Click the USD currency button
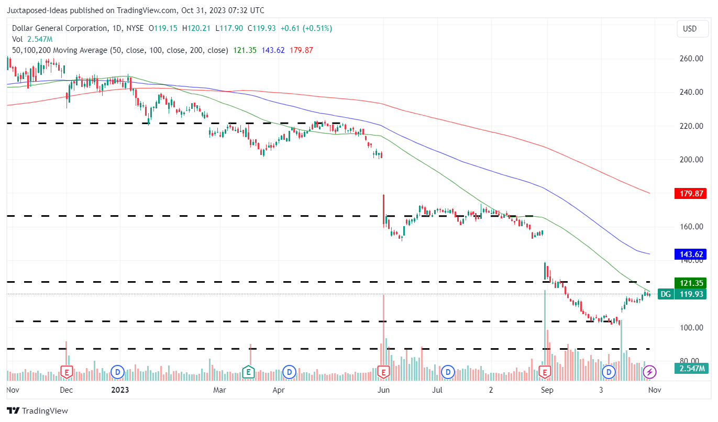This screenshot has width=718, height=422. click(690, 29)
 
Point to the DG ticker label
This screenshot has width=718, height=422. click(665, 294)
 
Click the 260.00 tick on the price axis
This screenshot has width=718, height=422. click(691, 59)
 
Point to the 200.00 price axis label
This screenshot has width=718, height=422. click(691, 160)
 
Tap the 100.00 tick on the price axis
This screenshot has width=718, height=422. click(691, 328)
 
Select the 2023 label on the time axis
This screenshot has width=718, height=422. click(120, 390)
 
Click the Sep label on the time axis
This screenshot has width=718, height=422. click(547, 390)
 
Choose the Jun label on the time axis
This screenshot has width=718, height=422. click(384, 390)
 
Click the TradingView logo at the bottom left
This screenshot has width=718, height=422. click(38, 411)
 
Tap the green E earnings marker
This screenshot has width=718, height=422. click(249, 372)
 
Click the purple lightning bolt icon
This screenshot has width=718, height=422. click(650, 372)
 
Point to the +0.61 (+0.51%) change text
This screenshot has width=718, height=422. click(306, 28)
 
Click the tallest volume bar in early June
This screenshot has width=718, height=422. click(384, 335)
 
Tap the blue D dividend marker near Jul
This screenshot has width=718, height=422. click(447, 372)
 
